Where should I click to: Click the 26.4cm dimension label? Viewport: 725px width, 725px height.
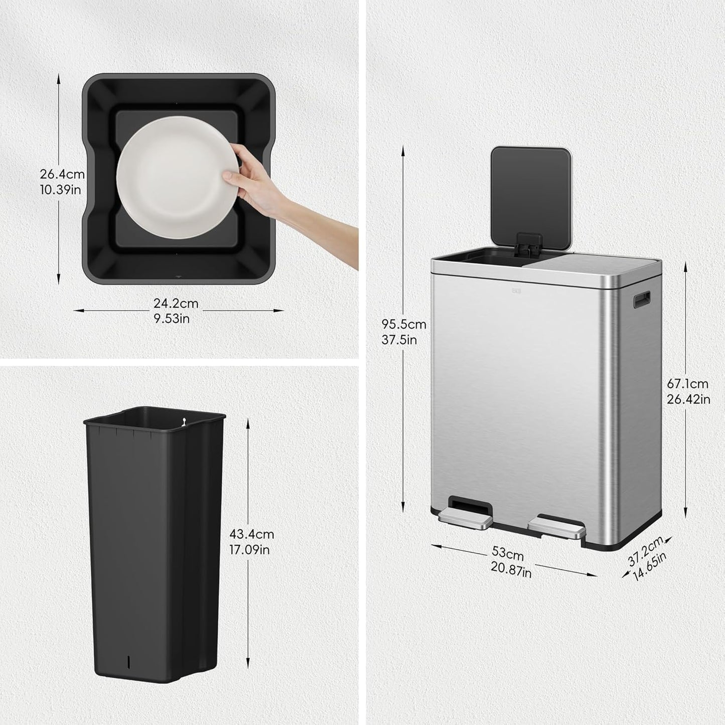[x=62, y=175]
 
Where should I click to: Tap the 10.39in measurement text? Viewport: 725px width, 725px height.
[x=61, y=190]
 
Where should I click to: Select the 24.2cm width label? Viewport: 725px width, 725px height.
[x=176, y=304]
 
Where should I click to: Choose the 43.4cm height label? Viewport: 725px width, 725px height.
[x=251, y=534]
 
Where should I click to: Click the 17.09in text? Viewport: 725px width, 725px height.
[x=249, y=549]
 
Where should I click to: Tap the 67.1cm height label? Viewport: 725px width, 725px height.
[x=687, y=384]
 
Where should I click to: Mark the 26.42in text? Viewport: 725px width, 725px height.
[x=688, y=399]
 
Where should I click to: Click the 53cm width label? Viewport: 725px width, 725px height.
[x=508, y=554]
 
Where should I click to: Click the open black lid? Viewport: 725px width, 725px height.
[x=531, y=191]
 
